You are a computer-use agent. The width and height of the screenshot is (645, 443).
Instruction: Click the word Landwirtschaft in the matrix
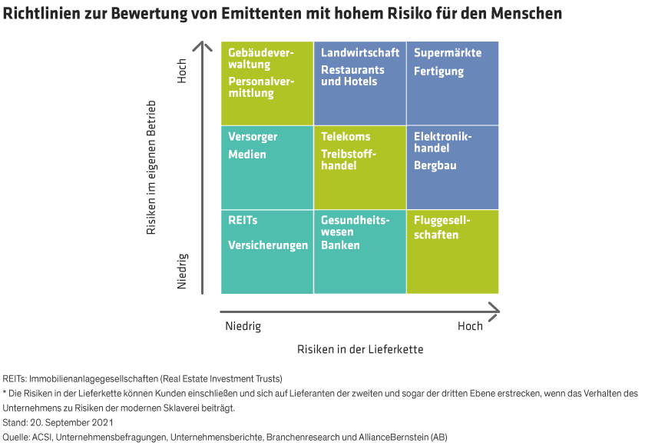[360, 53]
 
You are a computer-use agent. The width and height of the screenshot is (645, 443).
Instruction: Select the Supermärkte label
[448, 53]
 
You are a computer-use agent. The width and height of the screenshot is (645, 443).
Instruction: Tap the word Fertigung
[438, 72]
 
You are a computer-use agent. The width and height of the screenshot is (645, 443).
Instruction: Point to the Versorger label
[253, 137]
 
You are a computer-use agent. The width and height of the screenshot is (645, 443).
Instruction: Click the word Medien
[247, 155]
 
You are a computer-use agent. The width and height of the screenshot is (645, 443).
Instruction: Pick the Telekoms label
[346, 137]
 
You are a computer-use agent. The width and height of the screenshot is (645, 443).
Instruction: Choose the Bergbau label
[435, 165]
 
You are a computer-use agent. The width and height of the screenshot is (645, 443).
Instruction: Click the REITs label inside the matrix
[243, 220]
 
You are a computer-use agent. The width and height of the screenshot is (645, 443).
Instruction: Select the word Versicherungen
[268, 245]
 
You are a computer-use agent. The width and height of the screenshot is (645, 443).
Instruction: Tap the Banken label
[340, 245]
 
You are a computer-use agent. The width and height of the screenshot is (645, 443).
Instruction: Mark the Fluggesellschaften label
[442, 228]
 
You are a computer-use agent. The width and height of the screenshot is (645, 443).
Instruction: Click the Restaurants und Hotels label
[352, 75]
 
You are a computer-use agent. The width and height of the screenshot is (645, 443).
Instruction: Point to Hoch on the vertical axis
[182, 72]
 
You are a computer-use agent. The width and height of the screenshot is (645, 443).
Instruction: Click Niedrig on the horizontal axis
[243, 327]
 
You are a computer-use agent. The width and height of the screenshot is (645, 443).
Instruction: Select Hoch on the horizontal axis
[470, 327]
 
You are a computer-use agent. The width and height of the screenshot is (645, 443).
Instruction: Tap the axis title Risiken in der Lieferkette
[360, 349]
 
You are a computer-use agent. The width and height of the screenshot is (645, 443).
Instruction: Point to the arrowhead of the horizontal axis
[495, 311]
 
